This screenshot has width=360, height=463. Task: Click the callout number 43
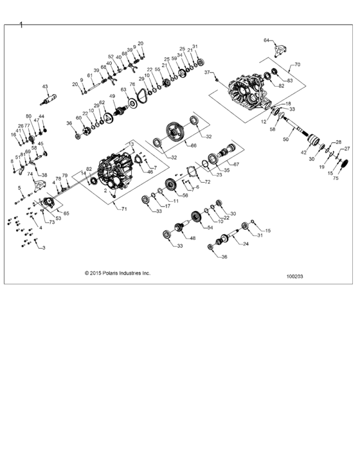click(45, 86)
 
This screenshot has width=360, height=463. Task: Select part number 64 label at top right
click(266, 41)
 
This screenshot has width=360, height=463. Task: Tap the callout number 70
click(298, 65)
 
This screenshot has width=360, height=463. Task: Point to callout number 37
click(208, 73)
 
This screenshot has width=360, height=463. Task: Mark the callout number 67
click(235, 165)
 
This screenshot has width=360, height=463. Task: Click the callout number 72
click(207, 183)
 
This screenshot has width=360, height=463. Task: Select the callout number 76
click(132, 84)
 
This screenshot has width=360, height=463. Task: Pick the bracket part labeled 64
click(279, 50)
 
